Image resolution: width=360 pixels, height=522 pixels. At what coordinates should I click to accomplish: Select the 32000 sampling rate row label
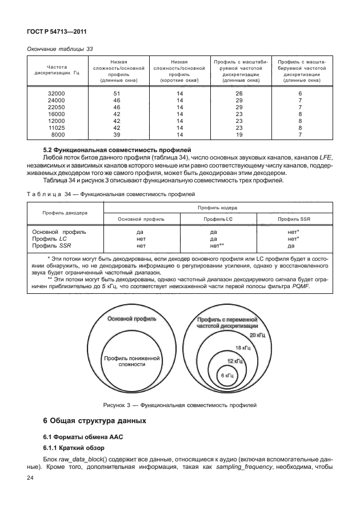point(58,93)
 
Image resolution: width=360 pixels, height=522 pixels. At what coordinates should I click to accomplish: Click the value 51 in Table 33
point(117,93)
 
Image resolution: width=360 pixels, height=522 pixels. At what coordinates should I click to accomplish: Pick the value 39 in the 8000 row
point(117,135)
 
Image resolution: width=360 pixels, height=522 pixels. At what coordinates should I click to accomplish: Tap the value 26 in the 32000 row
point(239,93)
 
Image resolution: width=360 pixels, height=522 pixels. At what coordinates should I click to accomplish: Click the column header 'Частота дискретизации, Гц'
point(58,70)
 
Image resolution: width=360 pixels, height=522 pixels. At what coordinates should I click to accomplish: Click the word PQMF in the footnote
point(299,286)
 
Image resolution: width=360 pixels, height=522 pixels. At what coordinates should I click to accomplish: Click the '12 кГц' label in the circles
point(235,361)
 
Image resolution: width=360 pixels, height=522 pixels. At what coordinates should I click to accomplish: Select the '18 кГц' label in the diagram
point(243,348)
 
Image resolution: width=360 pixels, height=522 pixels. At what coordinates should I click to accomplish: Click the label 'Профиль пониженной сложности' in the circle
point(132,360)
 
